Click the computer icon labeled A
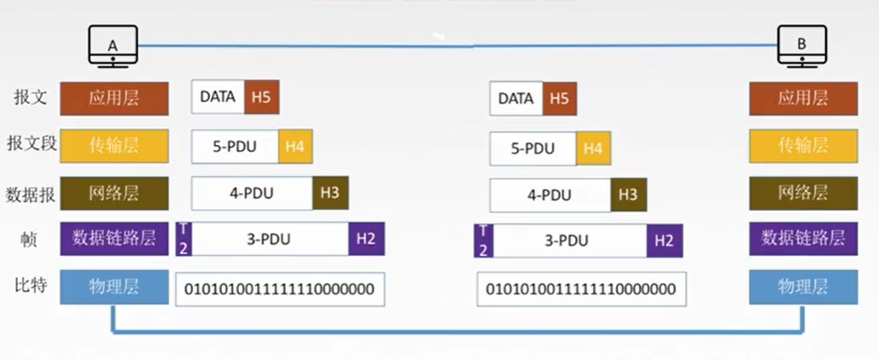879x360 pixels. click(x=113, y=47)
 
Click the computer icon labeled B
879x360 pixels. click(x=801, y=47)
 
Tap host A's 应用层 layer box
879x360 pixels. click(x=114, y=99)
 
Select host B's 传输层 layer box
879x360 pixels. click(x=803, y=146)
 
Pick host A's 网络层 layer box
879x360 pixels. click(x=114, y=194)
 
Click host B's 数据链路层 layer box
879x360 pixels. click(x=803, y=238)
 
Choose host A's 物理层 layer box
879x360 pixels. click(x=114, y=287)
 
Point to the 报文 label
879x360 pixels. click(x=30, y=97)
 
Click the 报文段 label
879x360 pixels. click(x=32, y=144)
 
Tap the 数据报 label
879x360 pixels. click(x=30, y=194)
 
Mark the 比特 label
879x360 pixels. click(x=30, y=286)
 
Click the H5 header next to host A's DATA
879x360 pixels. click(x=262, y=97)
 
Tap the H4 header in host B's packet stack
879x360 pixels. click(x=593, y=148)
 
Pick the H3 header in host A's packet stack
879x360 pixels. click(x=330, y=193)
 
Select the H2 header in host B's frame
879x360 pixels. click(x=664, y=241)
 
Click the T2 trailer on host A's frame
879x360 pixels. click(x=183, y=239)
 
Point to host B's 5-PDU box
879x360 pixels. click(x=533, y=148)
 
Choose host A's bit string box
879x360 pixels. click(x=280, y=289)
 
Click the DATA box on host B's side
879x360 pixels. click(x=515, y=99)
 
